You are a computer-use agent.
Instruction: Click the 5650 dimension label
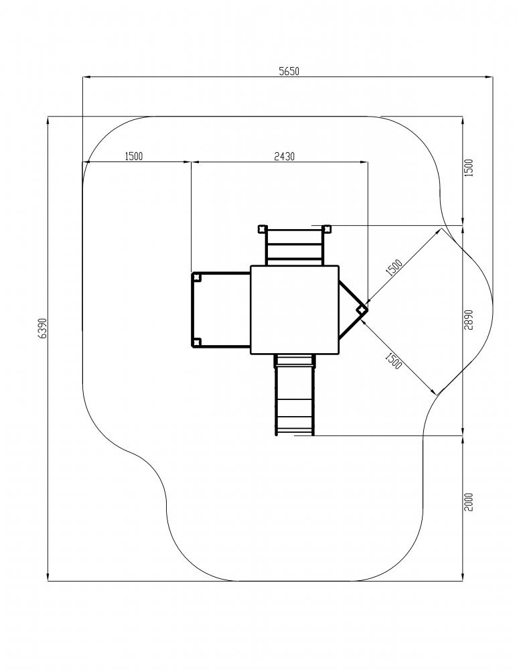click(x=289, y=72)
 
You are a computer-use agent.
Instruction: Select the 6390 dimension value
click(x=42, y=328)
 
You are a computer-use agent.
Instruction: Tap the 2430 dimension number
click(x=284, y=156)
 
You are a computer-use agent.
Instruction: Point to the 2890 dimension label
click(x=469, y=320)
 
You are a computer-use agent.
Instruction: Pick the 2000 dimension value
click(x=469, y=502)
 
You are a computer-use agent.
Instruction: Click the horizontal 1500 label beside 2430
click(x=134, y=156)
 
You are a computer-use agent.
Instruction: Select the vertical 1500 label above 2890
click(x=469, y=168)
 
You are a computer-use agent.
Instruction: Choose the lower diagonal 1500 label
click(x=394, y=361)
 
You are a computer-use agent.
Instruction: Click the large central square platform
click(x=295, y=310)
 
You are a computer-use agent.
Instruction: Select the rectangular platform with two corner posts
click(x=220, y=310)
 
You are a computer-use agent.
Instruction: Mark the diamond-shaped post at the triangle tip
click(x=362, y=310)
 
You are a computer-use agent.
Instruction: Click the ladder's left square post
click(x=261, y=229)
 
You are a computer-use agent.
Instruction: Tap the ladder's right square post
click(x=327, y=229)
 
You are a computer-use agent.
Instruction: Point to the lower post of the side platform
click(x=196, y=342)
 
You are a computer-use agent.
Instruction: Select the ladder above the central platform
click(x=295, y=247)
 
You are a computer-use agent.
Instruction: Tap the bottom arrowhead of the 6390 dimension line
click(x=48, y=577)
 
